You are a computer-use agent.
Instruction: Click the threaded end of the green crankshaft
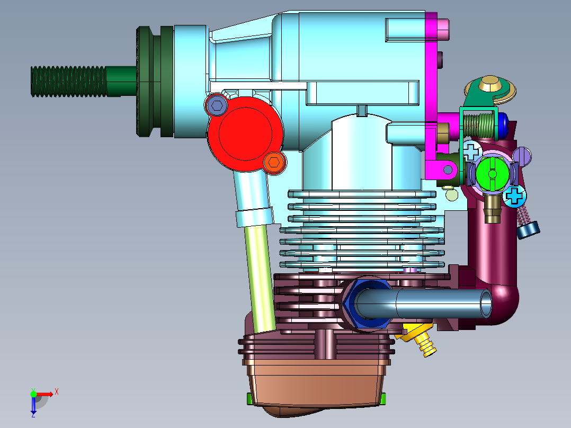(x=69, y=82)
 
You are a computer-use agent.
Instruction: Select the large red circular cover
(x=245, y=133)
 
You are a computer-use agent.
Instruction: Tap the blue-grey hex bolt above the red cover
(x=217, y=105)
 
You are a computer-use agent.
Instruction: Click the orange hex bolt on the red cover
(x=274, y=162)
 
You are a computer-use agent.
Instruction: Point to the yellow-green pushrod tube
(x=260, y=279)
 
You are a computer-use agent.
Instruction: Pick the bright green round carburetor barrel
(x=493, y=174)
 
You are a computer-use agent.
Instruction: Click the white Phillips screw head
(x=471, y=151)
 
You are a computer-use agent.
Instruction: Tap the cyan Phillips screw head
(x=515, y=197)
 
